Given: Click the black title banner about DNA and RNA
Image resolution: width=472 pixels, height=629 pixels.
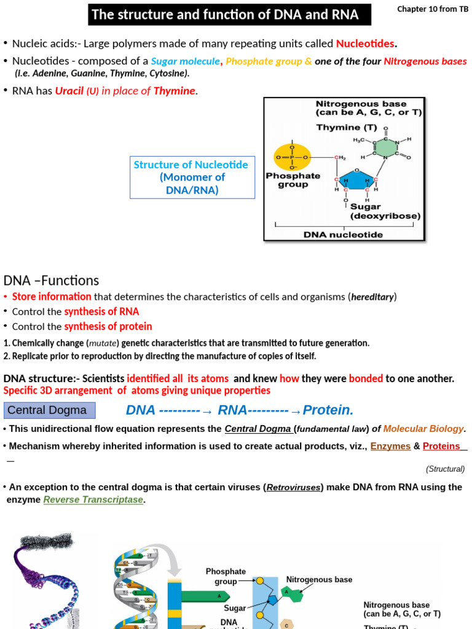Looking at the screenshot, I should [x=229, y=14].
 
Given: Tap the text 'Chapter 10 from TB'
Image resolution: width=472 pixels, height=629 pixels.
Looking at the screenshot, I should [x=432, y=9].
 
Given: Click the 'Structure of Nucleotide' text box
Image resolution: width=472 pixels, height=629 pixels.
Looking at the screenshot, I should [x=192, y=177].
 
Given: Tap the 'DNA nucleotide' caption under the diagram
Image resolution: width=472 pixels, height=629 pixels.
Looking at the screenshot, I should [x=343, y=234].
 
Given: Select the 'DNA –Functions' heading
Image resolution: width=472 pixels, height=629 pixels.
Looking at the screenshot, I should [x=51, y=281].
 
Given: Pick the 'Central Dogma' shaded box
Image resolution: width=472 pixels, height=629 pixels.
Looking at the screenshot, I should [x=50, y=410].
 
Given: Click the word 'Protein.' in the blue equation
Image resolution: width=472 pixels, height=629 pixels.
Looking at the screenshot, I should [x=328, y=410].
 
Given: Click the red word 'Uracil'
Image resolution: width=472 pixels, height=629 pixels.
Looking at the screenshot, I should [x=69, y=91].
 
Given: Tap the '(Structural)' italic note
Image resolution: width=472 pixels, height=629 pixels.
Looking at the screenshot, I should [x=445, y=469].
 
